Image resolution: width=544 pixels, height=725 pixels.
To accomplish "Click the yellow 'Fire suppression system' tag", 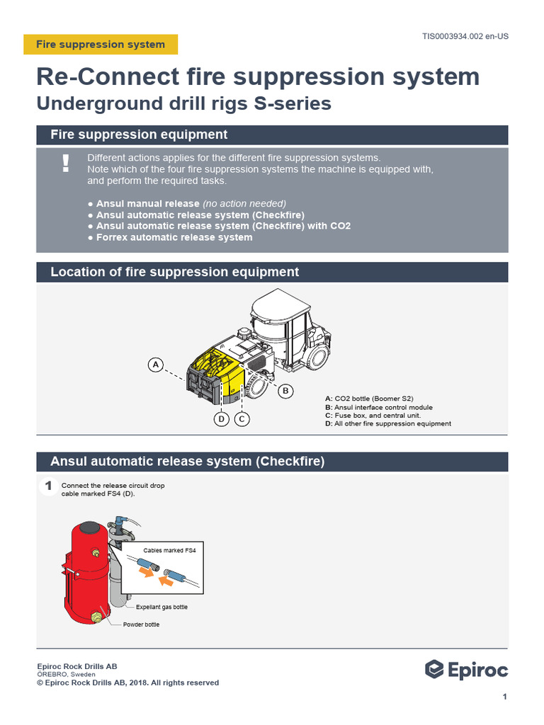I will pyautogui.click(x=101, y=45).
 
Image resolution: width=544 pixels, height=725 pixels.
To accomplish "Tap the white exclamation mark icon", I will pyautogui.click(x=66, y=164).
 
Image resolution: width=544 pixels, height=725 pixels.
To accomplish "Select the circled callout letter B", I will pyautogui.click(x=285, y=390).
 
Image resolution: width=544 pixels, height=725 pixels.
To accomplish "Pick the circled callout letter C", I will pyautogui.click(x=242, y=419).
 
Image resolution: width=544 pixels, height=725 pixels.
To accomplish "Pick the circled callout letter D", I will pyautogui.click(x=222, y=419).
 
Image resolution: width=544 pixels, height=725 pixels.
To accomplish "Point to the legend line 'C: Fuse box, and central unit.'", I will pyautogui.click(x=373, y=416).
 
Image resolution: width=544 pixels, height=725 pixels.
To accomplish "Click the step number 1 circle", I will pyautogui.click(x=48, y=486).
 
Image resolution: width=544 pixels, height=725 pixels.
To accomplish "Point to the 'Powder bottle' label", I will pyautogui.click(x=142, y=624).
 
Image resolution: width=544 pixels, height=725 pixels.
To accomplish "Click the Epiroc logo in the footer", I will pyautogui.click(x=466, y=670).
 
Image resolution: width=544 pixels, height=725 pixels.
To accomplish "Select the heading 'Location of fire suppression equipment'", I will pyautogui.click(x=175, y=273).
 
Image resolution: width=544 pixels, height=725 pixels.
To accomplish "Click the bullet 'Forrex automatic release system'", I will pyautogui.click(x=174, y=238).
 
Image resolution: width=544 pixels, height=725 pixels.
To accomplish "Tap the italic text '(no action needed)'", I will pyautogui.click(x=244, y=204).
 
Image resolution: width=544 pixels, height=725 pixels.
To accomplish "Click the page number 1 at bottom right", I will pyautogui.click(x=504, y=697).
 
